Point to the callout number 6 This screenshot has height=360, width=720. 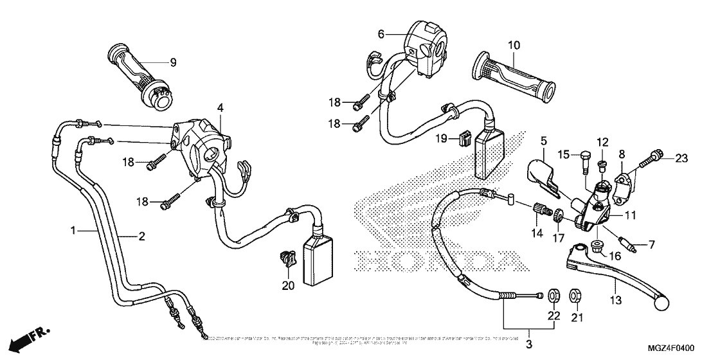pyautogui.click(x=381, y=33)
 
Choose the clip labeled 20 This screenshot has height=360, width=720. pyautogui.click(x=285, y=258)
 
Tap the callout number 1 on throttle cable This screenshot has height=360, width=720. pyautogui.click(x=73, y=230)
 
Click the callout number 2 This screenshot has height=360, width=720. pyautogui.click(x=139, y=237)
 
